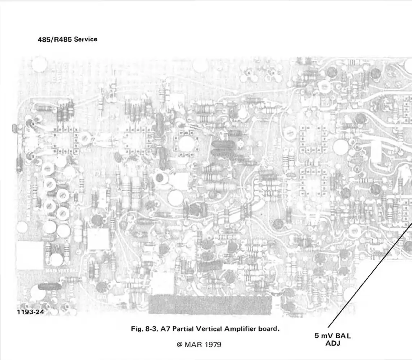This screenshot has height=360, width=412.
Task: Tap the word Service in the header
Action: click(86, 39)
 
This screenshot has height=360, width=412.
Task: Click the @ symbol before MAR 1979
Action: click(179, 344)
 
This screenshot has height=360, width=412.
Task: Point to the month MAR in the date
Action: click(191, 344)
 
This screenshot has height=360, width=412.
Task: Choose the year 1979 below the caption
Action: click(212, 344)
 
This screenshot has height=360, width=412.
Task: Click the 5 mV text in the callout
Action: click(322, 336)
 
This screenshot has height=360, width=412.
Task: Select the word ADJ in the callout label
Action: click(333, 343)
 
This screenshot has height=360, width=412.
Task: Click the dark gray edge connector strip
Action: click(209, 304)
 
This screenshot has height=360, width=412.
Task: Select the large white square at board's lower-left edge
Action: click(30, 255)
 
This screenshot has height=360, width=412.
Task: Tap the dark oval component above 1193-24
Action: click(49, 286)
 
